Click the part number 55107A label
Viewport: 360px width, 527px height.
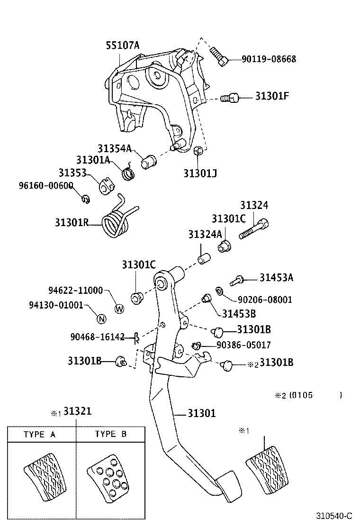coord(122,45)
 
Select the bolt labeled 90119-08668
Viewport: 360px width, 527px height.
coord(219,56)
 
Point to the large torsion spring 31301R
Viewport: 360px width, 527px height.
coord(117,221)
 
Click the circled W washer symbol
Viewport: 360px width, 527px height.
coord(120,309)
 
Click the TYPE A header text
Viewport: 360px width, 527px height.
coord(42,434)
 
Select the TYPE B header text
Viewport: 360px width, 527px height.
coord(111,434)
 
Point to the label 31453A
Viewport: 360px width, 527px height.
coord(276,278)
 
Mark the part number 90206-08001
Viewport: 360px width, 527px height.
coord(265,300)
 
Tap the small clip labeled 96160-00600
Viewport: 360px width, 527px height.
coord(86,199)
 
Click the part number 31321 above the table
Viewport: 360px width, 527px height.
coord(78,411)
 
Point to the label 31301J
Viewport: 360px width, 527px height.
coord(200,173)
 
